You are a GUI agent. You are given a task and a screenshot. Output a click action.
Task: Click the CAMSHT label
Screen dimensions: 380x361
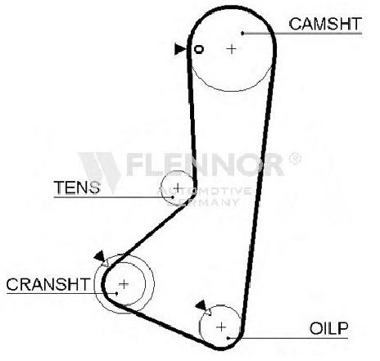point(325,24)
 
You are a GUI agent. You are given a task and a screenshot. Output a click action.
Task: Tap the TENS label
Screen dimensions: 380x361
point(77,187)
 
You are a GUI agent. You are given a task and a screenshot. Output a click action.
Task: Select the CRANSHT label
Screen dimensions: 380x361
point(48,284)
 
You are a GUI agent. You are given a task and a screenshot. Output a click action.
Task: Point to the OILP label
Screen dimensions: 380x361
point(328,328)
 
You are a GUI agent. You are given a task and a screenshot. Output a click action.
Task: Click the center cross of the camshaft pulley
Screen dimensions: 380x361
point(232,49)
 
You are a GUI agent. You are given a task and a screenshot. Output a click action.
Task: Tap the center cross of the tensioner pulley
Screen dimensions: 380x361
point(178,187)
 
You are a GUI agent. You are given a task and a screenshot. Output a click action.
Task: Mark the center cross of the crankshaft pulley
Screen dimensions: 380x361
point(124,284)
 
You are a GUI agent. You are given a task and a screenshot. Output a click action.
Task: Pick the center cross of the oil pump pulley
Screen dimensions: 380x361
point(221,327)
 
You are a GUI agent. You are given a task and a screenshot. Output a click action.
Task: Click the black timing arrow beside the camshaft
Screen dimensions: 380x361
point(180,49)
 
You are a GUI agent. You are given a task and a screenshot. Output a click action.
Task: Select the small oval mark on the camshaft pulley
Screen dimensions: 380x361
point(199,49)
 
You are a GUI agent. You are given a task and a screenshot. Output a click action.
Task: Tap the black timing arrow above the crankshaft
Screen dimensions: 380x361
point(99,255)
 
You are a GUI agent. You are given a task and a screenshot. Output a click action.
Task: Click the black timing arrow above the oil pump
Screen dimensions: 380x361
point(201,305)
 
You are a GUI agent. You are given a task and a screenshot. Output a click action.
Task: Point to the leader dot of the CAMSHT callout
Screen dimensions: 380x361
point(242,34)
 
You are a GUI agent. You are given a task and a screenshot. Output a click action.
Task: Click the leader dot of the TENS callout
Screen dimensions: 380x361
point(173,196)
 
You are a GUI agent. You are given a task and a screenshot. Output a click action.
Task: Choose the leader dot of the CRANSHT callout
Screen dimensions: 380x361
point(117,294)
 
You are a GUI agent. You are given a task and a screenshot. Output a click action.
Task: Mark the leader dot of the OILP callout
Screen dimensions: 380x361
point(228,338)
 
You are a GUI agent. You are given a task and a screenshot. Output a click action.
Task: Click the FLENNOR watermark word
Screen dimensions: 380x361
point(205,165)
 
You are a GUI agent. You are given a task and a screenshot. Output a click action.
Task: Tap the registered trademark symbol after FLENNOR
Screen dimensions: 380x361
point(295,159)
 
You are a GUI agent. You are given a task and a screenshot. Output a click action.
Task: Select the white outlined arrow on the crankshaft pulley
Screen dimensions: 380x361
point(105,263)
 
